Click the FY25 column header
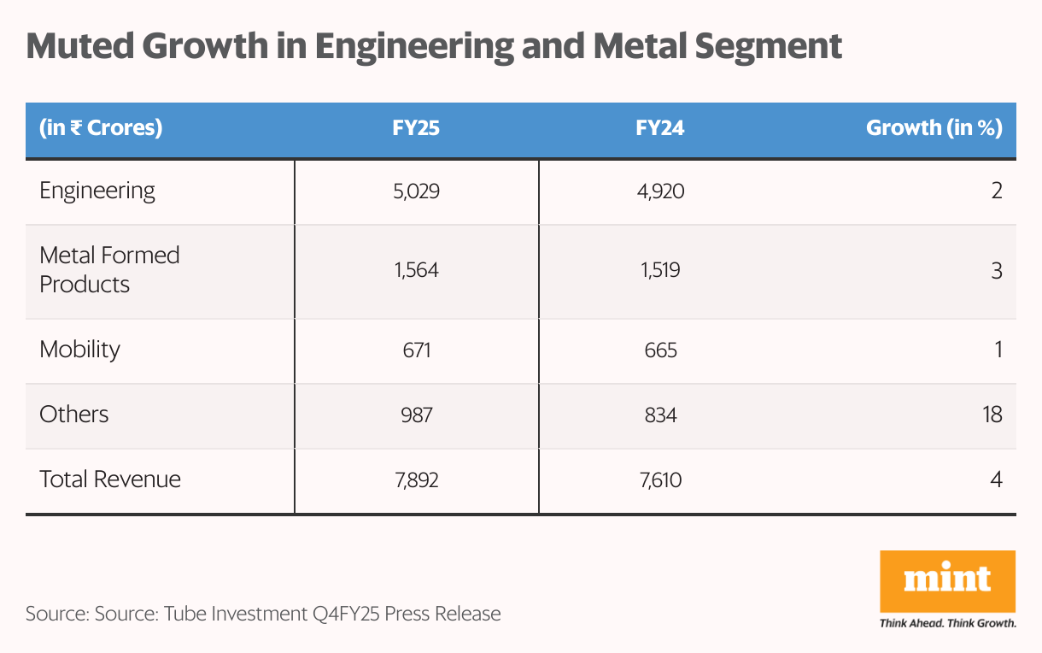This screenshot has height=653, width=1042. [x=416, y=128]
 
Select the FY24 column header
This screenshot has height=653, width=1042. [x=660, y=128]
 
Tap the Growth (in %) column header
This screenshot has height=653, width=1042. [x=934, y=128]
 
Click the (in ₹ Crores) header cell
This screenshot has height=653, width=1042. [x=101, y=128]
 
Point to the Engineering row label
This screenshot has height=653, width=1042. [x=97, y=190]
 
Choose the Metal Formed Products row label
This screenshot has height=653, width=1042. [x=109, y=269]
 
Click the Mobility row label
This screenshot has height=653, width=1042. [x=79, y=349]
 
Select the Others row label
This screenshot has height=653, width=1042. [x=74, y=415]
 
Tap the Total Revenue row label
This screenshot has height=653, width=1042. [x=110, y=479]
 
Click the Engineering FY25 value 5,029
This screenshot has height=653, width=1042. [x=416, y=191]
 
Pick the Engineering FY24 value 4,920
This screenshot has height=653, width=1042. [x=660, y=191]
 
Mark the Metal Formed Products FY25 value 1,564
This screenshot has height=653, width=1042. [x=416, y=271]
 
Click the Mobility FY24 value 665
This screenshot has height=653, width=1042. [x=660, y=350]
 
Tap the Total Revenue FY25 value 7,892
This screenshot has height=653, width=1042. [x=416, y=479]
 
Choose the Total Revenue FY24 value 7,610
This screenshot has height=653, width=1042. [x=660, y=479]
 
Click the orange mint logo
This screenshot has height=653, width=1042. [x=947, y=580]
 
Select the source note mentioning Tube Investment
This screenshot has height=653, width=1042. [x=263, y=613]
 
